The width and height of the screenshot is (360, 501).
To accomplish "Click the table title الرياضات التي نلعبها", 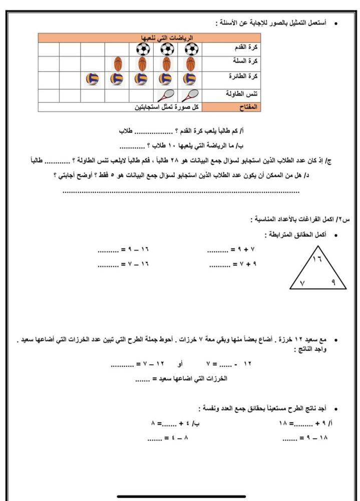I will click(x=168, y=38).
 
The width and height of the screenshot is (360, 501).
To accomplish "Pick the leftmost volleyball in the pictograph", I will click(x=93, y=79).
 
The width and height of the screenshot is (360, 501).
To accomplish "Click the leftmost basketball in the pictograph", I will click(x=118, y=64).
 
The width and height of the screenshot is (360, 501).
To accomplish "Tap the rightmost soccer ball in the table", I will click(x=191, y=49).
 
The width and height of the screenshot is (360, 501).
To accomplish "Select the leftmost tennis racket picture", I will click(x=166, y=95).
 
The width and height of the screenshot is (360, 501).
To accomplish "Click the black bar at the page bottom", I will click(x=181, y=496).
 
